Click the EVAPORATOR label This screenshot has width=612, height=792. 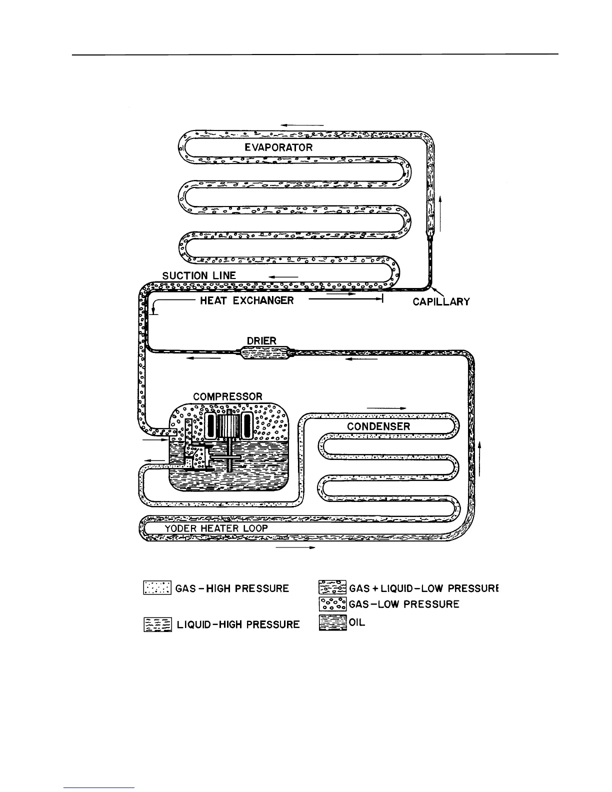[278, 147]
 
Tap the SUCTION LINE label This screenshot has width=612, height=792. [199, 275]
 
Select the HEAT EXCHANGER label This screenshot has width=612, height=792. [247, 300]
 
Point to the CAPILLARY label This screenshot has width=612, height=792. [441, 301]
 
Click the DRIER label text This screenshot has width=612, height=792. [261, 341]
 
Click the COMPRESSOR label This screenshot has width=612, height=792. [227, 396]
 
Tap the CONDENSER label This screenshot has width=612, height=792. [378, 426]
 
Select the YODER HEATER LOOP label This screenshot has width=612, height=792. [216, 528]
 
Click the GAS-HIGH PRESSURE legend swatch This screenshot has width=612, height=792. [157, 587]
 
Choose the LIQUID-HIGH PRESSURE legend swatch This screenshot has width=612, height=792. [157, 624]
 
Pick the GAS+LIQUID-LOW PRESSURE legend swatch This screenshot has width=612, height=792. [332, 587]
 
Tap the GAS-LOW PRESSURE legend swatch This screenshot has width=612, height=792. [332, 604]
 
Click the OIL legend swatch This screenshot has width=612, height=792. [332, 623]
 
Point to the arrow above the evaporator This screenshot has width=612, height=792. [302, 125]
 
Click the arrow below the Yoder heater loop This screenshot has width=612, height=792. [295, 548]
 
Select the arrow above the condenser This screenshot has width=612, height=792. [386, 408]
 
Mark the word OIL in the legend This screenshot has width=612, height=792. [357, 623]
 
